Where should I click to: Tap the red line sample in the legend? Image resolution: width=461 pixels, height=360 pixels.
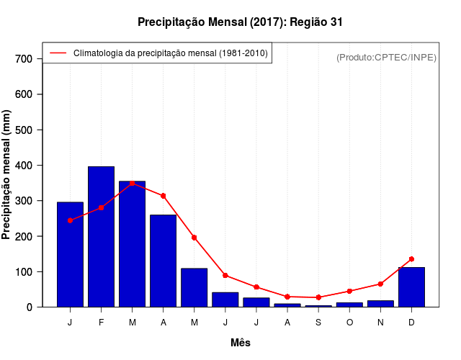click(x=58, y=53)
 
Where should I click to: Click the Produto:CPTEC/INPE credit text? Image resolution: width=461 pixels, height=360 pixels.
click(x=386, y=57)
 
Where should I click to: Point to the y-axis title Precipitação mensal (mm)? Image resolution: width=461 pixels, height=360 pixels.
click(x=7, y=175)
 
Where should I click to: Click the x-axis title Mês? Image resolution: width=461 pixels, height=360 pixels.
click(x=241, y=343)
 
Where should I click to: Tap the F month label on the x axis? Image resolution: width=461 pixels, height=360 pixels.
click(x=102, y=323)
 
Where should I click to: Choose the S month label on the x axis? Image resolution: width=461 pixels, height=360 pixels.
click(x=318, y=323)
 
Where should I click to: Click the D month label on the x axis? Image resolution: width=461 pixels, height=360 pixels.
click(x=411, y=323)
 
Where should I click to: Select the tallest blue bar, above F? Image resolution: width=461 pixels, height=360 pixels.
click(x=102, y=238)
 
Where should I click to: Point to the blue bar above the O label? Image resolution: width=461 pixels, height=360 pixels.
click(x=349, y=305)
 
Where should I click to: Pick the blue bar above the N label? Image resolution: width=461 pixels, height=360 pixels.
click(x=380, y=304)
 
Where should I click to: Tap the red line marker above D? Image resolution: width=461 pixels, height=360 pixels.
click(x=411, y=259)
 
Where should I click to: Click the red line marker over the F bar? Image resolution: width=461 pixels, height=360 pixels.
click(x=102, y=207)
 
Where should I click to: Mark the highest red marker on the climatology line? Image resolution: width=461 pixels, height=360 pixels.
click(x=133, y=183)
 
